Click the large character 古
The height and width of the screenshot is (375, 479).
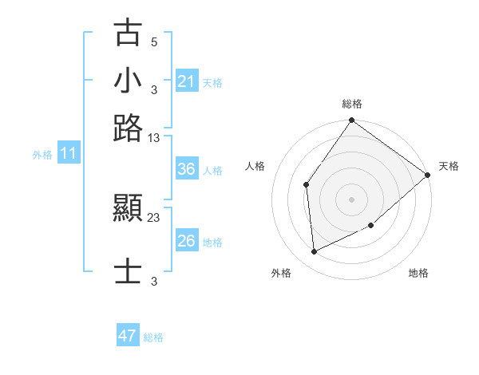click(x=129, y=34)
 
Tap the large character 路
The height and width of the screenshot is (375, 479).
click(x=129, y=128)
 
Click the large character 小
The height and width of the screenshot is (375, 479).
click(x=129, y=81)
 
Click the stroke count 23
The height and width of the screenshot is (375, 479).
click(x=154, y=217)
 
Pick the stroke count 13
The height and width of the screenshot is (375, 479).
click(x=154, y=138)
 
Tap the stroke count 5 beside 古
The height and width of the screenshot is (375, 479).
click(x=154, y=41)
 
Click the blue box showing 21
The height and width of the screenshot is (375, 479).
click(x=186, y=81)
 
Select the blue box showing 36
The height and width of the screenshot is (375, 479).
click(x=186, y=169)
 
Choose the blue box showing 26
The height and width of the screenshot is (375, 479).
click(x=186, y=241)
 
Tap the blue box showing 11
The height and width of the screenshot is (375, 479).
click(x=69, y=154)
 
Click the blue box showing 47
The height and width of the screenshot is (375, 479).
click(x=128, y=336)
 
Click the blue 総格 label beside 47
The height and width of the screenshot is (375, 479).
click(x=153, y=337)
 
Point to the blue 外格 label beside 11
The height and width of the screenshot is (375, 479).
click(x=42, y=155)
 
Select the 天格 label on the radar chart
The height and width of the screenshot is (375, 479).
click(x=449, y=166)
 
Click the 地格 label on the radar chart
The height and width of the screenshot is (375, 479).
click(x=418, y=274)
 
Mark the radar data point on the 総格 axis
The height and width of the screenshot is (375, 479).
click(x=351, y=121)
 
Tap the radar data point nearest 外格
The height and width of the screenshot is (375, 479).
click(x=315, y=251)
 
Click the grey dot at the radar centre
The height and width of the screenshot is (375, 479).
click(x=351, y=199)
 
